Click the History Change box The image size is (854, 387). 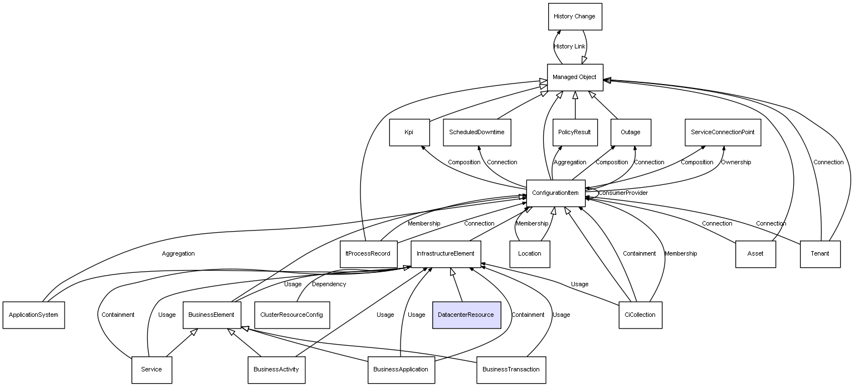[x=575, y=16]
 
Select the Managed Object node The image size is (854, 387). [x=575, y=77]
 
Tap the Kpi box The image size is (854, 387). [x=409, y=132]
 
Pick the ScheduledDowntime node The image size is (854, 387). [x=477, y=132]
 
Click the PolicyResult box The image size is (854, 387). [x=575, y=132]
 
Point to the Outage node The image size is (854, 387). [x=631, y=132]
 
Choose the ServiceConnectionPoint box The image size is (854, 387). [x=723, y=132]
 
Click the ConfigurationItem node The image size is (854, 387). [x=555, y=193]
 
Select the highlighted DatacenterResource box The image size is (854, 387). [x=466, y=315]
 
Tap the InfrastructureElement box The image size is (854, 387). [x=446, y=254]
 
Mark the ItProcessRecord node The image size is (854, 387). [x=368, y=254]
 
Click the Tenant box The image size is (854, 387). [x=820, y=254]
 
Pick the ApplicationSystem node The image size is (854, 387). [x=33, y=315]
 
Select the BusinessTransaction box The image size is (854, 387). [x=511, y=370]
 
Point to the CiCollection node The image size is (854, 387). [x=640, y=315]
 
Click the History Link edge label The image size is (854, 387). [x=569, y=46]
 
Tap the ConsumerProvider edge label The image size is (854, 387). [x=623, y=193]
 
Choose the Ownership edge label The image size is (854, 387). [x=736, y=162]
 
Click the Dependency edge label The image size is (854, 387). [x=329, y=284]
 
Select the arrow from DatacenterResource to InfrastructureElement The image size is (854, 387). [x=457, y=285]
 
